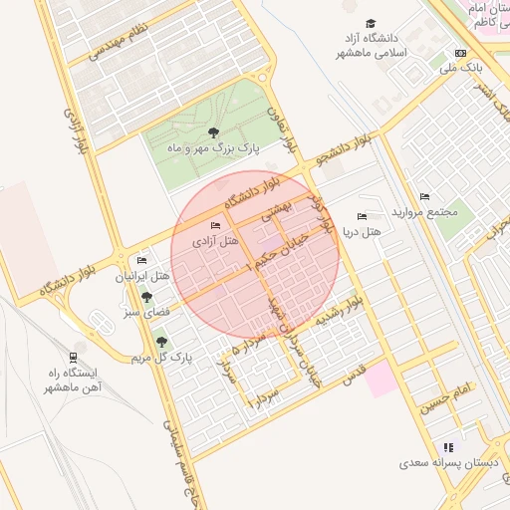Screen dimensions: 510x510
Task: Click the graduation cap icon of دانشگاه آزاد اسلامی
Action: tap(372, 24)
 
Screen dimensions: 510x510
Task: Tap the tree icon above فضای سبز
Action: tap(147, 297)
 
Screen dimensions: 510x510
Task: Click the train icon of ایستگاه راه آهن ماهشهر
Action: tap(73, 357)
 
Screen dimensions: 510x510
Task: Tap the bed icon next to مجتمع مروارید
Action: tap(425, 196)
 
